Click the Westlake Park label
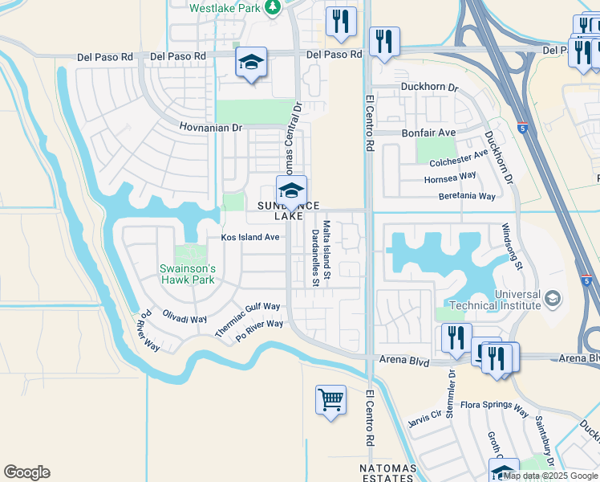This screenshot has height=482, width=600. click(x=227, y=8)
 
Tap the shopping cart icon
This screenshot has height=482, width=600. click(x=330, y=399)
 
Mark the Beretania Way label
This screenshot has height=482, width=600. click(x=467, y=195)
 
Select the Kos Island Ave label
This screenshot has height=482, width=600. click(x=250, y=237)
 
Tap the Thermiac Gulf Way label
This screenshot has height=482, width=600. click(x=247, y=319)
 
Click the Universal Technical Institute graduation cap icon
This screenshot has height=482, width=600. click(x=552, y=300)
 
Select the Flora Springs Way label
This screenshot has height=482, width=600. click(x=499, y=411)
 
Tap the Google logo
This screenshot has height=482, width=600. click(x=26, y=472)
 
